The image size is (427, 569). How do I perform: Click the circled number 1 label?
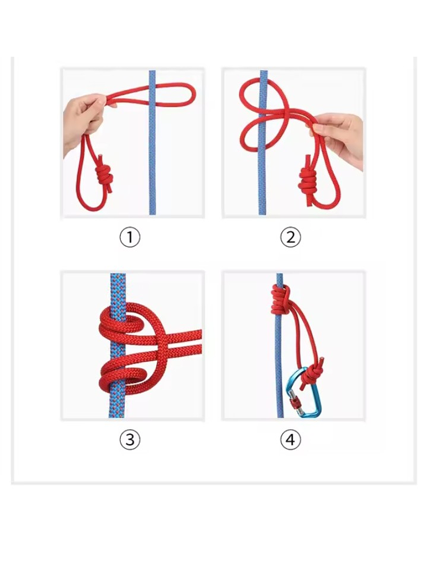click(x=130, y=237)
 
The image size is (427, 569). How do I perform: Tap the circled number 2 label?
click(x=290, y=237)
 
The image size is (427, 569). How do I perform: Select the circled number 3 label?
click(x=130, y=439)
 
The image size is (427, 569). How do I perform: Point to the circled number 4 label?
click(x=290, y=439)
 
